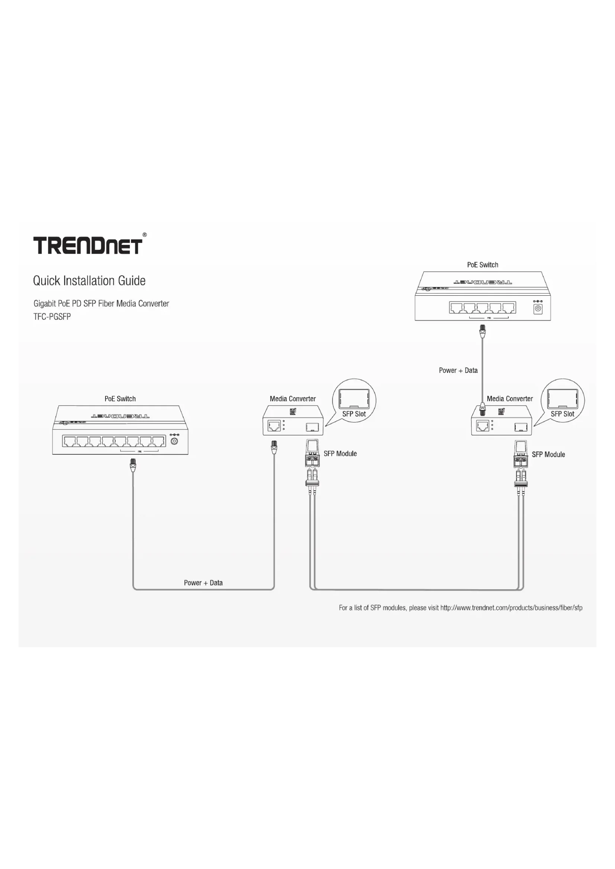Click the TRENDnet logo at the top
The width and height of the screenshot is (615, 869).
pyautogui.click(x=88, y=245)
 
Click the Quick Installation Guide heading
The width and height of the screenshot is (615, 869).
pyautogui.click(x=89, y=281)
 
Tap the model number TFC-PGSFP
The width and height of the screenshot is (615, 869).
pyautogui.click(x=52, y=317)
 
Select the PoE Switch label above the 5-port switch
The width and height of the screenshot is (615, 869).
pyautogui.click(x=483, y=265)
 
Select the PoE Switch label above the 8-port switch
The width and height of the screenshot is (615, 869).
pyautogui.click(x=120, y=399)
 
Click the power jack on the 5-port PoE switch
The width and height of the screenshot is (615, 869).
pyautogui.click(x=538, y=309)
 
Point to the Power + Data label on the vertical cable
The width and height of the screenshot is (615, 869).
pyautogui.click(x=458, y=370)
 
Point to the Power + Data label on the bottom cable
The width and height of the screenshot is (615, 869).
pyautogui.click(x=203, y=583)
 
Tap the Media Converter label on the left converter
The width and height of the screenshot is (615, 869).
pyautogui.click(x=292, y=399)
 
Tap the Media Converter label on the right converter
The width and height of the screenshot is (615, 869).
pyautogui.click(x=509, y=399)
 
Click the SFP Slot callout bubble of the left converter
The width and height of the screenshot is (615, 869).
pyautogui.click(x=354, y=400)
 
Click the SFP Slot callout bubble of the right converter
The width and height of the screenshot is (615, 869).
pyautogui.click(x=562, y=400)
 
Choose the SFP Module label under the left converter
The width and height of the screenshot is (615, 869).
pyautogui.click(x=340, y=453)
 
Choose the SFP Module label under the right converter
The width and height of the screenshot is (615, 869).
pyautogui.click(x=548, y=454)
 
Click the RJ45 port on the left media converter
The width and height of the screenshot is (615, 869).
pyautogui.click(x=274, y=426)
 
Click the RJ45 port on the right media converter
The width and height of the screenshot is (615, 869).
pyautogui.click(x=482, y=426)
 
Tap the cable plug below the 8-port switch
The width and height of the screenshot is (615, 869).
pyautogui.click(x=133, y=465)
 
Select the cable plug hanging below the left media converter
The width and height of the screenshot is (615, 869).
pyautogui.click(x=274, y=447)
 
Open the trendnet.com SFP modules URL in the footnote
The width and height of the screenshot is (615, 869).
pyautogui.click(x=511, y=608)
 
